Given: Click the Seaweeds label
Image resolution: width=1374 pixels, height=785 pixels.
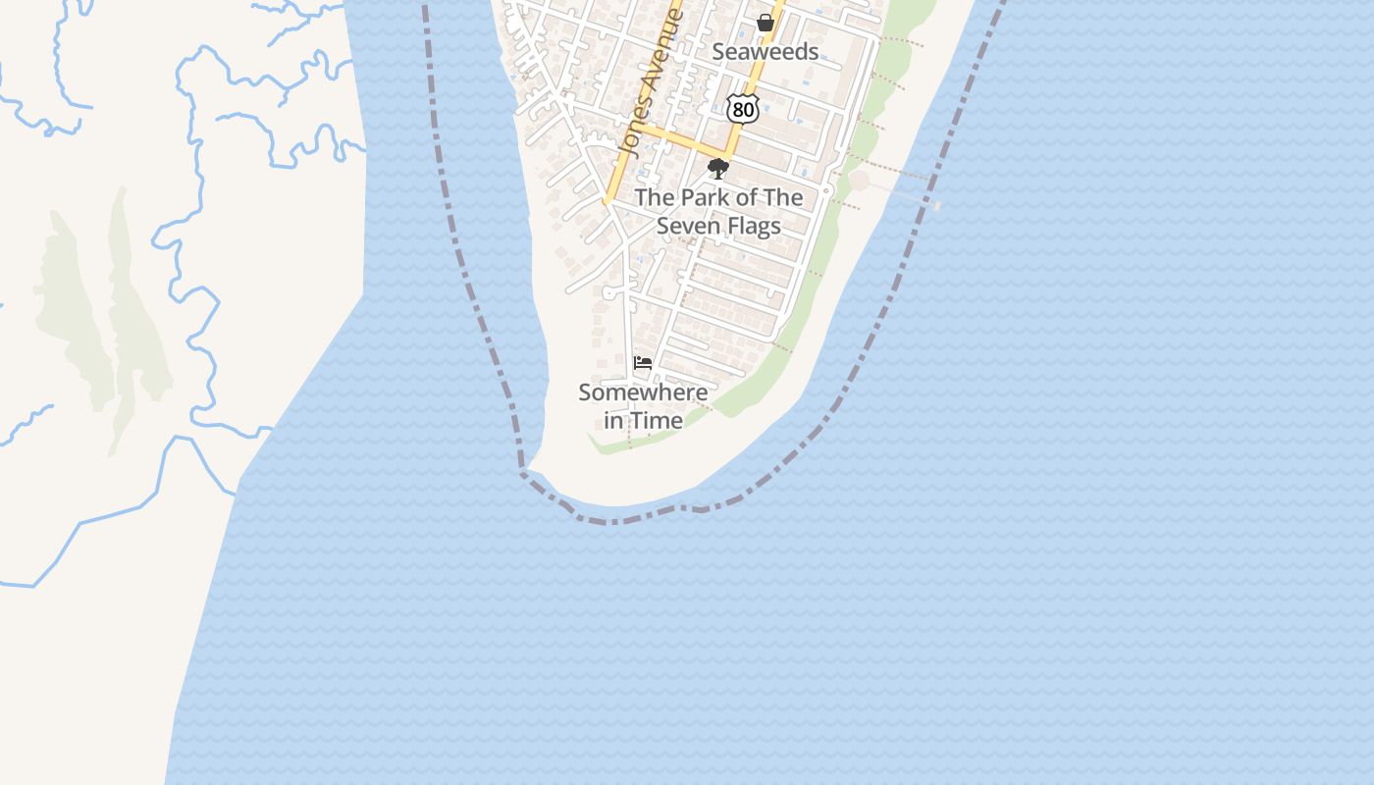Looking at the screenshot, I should [x=765, y=52].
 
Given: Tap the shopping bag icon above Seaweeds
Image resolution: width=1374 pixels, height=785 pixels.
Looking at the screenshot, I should [x=766, y=23].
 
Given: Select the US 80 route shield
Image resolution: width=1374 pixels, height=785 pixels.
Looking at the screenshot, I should [x=743, y=109].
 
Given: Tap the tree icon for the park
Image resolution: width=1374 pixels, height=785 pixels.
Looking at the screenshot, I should [x=718, y=168].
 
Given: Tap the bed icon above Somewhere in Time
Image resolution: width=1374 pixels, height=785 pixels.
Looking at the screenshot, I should [x=643, y=363].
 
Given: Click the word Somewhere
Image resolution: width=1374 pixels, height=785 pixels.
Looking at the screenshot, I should [x=643, y=392].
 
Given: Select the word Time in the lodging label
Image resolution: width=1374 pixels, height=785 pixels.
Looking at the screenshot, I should [x=656, y=420].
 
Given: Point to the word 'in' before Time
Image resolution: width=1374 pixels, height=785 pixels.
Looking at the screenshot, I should [x=613, y=420].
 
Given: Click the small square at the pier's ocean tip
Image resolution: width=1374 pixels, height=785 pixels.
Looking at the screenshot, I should [x=937, y=206].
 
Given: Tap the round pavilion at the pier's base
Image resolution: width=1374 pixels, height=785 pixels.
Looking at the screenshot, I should [x=859, y=181].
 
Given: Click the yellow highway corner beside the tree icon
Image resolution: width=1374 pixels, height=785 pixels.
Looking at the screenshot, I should [x=728, y=154].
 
